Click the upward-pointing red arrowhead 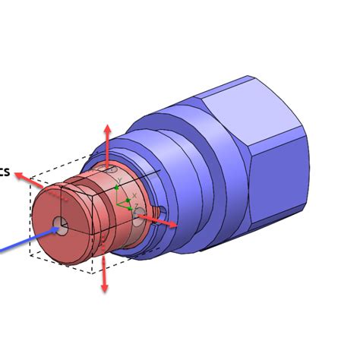[107, 128]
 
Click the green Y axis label [119, 181]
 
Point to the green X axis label [134, 196]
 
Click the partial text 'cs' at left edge [5, 172]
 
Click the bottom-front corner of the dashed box [93, 272]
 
